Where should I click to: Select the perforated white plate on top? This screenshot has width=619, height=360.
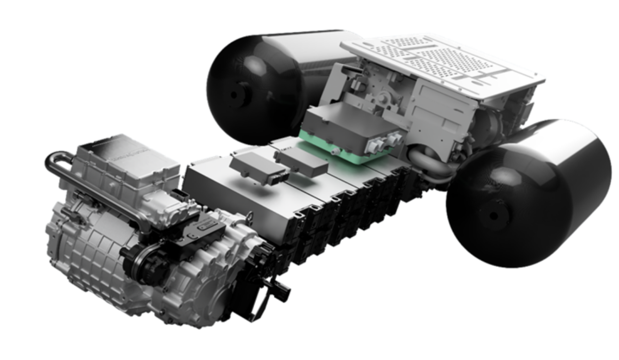pos(444,59)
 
